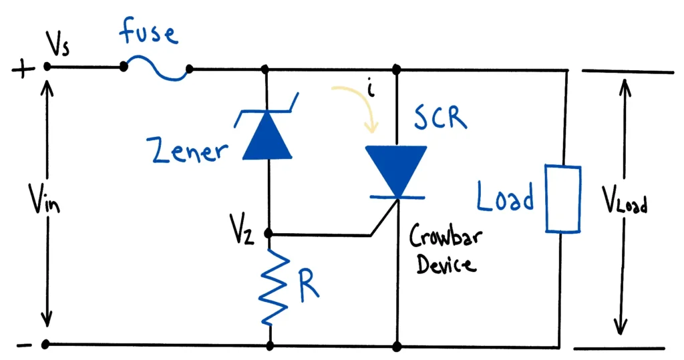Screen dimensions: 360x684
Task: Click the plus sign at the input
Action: pyautogui.click(x=21, y=69)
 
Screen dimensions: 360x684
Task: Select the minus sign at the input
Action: pyautogui.click(x=22, y=346)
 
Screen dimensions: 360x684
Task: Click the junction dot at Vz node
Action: pyautogui.click(x=269, y=234)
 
